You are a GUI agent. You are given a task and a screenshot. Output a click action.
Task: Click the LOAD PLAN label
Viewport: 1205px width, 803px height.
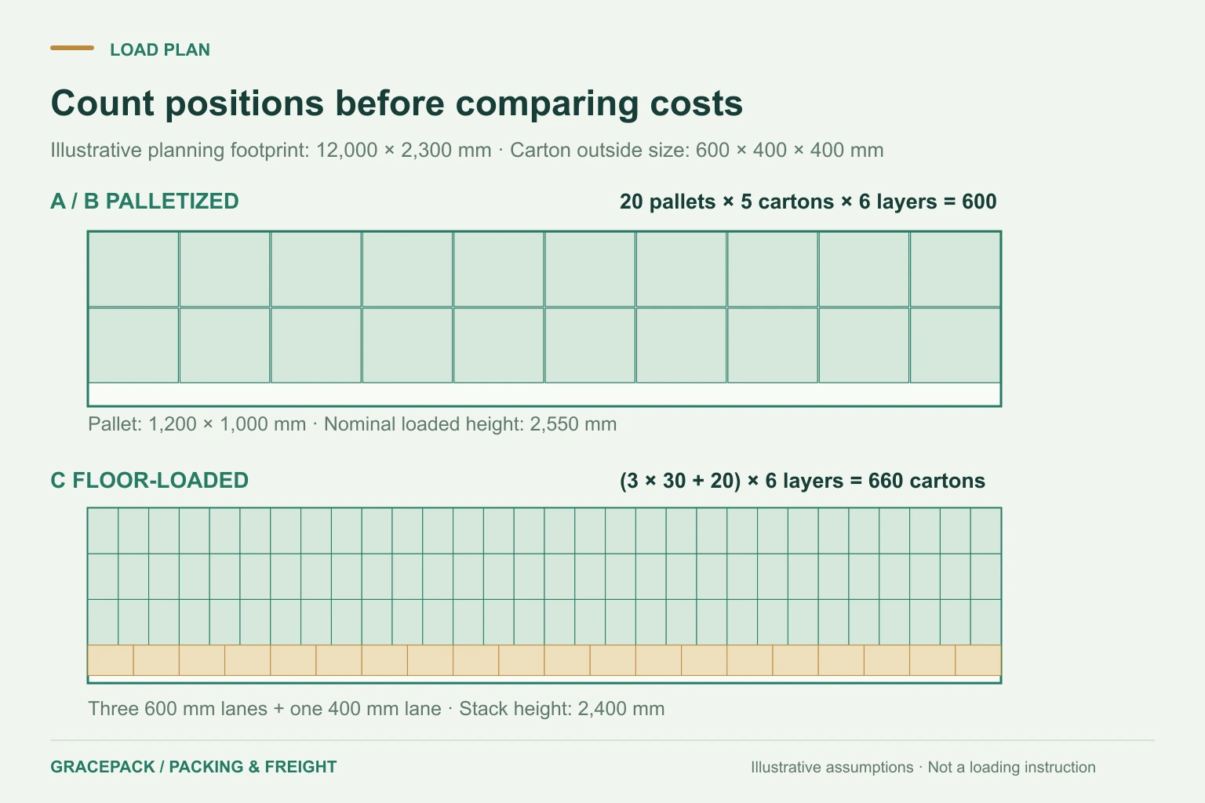pyautogui.click(x=160, y=49)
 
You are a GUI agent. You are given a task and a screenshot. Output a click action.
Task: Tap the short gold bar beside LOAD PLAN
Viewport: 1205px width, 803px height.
pyautogui.click(x=72, y=48)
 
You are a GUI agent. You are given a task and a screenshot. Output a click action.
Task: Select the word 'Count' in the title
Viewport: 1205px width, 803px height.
pyautogui.click(x=102, y=104)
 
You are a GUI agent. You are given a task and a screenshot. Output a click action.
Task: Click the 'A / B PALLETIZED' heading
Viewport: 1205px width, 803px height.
pyautogui.click(x=144, y=202)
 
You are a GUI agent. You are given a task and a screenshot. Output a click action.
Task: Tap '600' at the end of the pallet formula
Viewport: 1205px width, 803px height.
pyautogui.click(x=979, y=202)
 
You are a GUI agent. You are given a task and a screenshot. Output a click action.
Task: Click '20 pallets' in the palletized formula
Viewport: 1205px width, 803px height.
pyautogui.click(x=668, y=202)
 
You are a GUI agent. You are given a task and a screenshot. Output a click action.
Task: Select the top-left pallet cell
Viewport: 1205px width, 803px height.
pyautogui.click(x=133, y=270)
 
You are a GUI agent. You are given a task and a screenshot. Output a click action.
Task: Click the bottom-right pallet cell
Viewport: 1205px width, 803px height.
pyautogui.click(x=955, y=345)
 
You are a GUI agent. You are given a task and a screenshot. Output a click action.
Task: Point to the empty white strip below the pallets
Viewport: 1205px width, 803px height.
pyautogui.click(x=544, y=394)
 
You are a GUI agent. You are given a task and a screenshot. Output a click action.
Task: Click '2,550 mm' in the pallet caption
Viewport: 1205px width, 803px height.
pyautogui.click(x=573, y=424)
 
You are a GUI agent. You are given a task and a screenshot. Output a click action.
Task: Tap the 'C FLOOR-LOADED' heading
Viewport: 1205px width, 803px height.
pyautogui.click(x=149, y=480)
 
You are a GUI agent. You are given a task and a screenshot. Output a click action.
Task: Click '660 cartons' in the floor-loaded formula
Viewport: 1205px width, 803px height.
pyautogui.click(x=927, y=481)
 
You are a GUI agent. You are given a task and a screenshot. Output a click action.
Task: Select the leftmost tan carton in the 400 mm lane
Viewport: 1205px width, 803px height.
pyautogui.click(x=111, y=660)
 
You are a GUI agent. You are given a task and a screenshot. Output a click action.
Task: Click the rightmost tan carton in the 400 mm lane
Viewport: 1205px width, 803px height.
pyautogui.click(x=978, y=660)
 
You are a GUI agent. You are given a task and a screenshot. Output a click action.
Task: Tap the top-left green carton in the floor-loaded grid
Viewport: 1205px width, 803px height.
pyautogui.click(x=104, y=531)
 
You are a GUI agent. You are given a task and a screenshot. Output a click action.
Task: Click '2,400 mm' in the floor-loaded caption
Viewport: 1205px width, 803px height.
pyautogui.click(x=621, y=709)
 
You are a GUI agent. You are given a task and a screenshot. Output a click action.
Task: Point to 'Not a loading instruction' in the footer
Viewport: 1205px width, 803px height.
pyautogui.click(x=1011, y=767)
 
